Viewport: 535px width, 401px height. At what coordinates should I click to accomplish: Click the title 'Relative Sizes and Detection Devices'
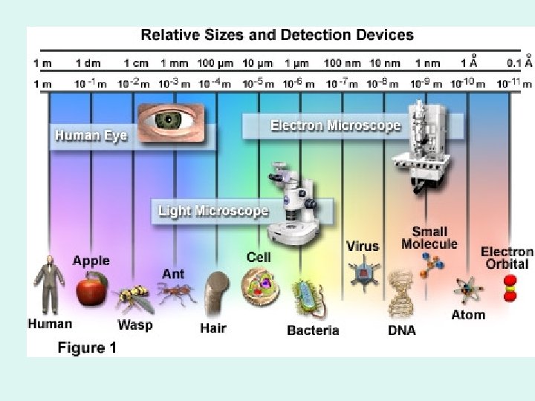coord(277,34)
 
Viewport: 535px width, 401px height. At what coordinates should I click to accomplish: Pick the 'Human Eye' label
coord(91,136)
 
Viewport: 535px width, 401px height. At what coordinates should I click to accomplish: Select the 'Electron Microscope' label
coord(335,125)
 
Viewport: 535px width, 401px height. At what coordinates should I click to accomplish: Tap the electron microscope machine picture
coord(421,145)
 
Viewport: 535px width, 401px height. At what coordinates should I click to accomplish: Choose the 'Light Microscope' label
coord(213,211)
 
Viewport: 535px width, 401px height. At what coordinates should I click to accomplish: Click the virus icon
coord(363,273)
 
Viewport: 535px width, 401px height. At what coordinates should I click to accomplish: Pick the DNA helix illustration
coord(401,293)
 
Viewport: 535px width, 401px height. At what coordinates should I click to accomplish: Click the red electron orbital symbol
coord(510,288)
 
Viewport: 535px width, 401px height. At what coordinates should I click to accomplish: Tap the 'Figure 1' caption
coord(88,348)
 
